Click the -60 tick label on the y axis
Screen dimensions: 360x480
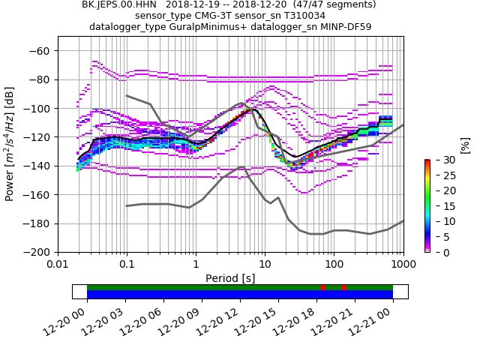39,51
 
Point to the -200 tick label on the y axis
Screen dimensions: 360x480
36,252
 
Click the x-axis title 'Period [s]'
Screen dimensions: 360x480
230,278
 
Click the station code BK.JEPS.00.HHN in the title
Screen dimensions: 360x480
119,4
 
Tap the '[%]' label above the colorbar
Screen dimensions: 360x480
464,145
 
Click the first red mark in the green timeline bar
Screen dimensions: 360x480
322,287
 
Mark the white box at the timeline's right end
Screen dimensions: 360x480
400,292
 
